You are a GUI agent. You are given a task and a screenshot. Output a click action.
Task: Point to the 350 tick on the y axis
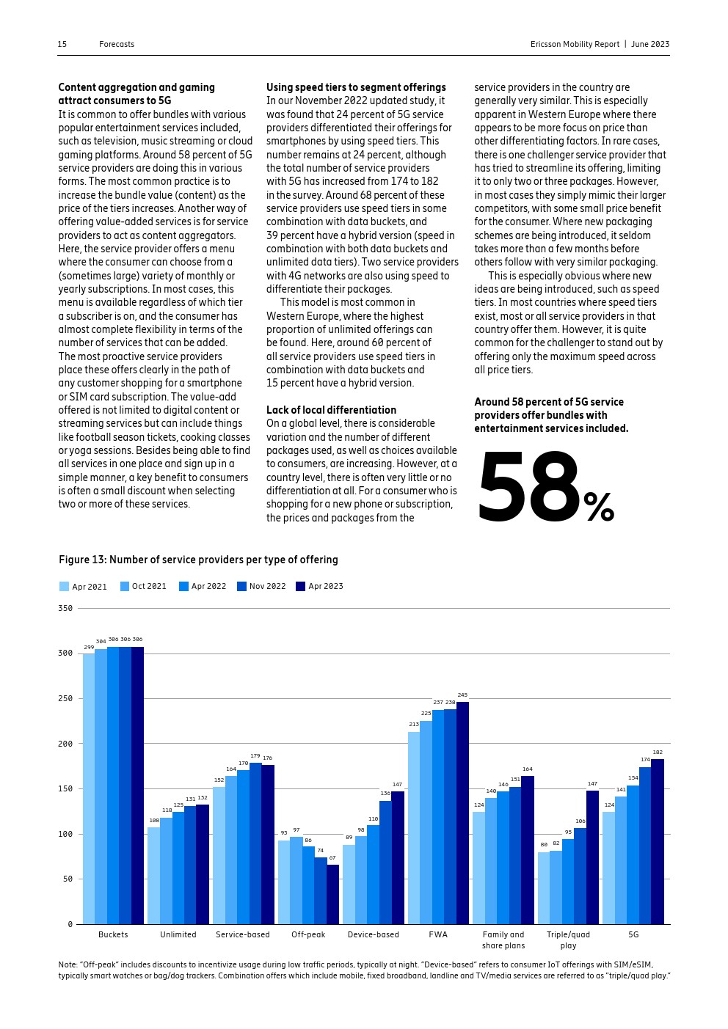click(x=65, y=608)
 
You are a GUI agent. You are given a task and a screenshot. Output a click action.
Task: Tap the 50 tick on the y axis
click(x=68, y=879)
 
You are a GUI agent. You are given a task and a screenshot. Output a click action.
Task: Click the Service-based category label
click(x=243, y=934)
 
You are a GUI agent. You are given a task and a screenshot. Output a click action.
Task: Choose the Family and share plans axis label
click(x=503, y=940)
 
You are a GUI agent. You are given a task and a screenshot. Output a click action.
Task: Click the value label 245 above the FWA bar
click(x=462, y=695)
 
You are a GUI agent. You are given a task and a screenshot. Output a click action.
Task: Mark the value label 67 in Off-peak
click(x=332, y=857)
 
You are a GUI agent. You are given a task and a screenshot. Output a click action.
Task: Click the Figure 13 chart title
click(x=198, y=560)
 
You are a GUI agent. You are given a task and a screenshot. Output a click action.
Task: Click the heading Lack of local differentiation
click(x=331, y=410)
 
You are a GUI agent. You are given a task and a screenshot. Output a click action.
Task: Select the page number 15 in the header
click(x=62, y=44)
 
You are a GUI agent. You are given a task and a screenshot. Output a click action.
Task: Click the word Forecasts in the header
click(x=117, y=44)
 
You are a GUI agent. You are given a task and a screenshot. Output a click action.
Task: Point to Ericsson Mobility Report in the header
click(x=575, y=44)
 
